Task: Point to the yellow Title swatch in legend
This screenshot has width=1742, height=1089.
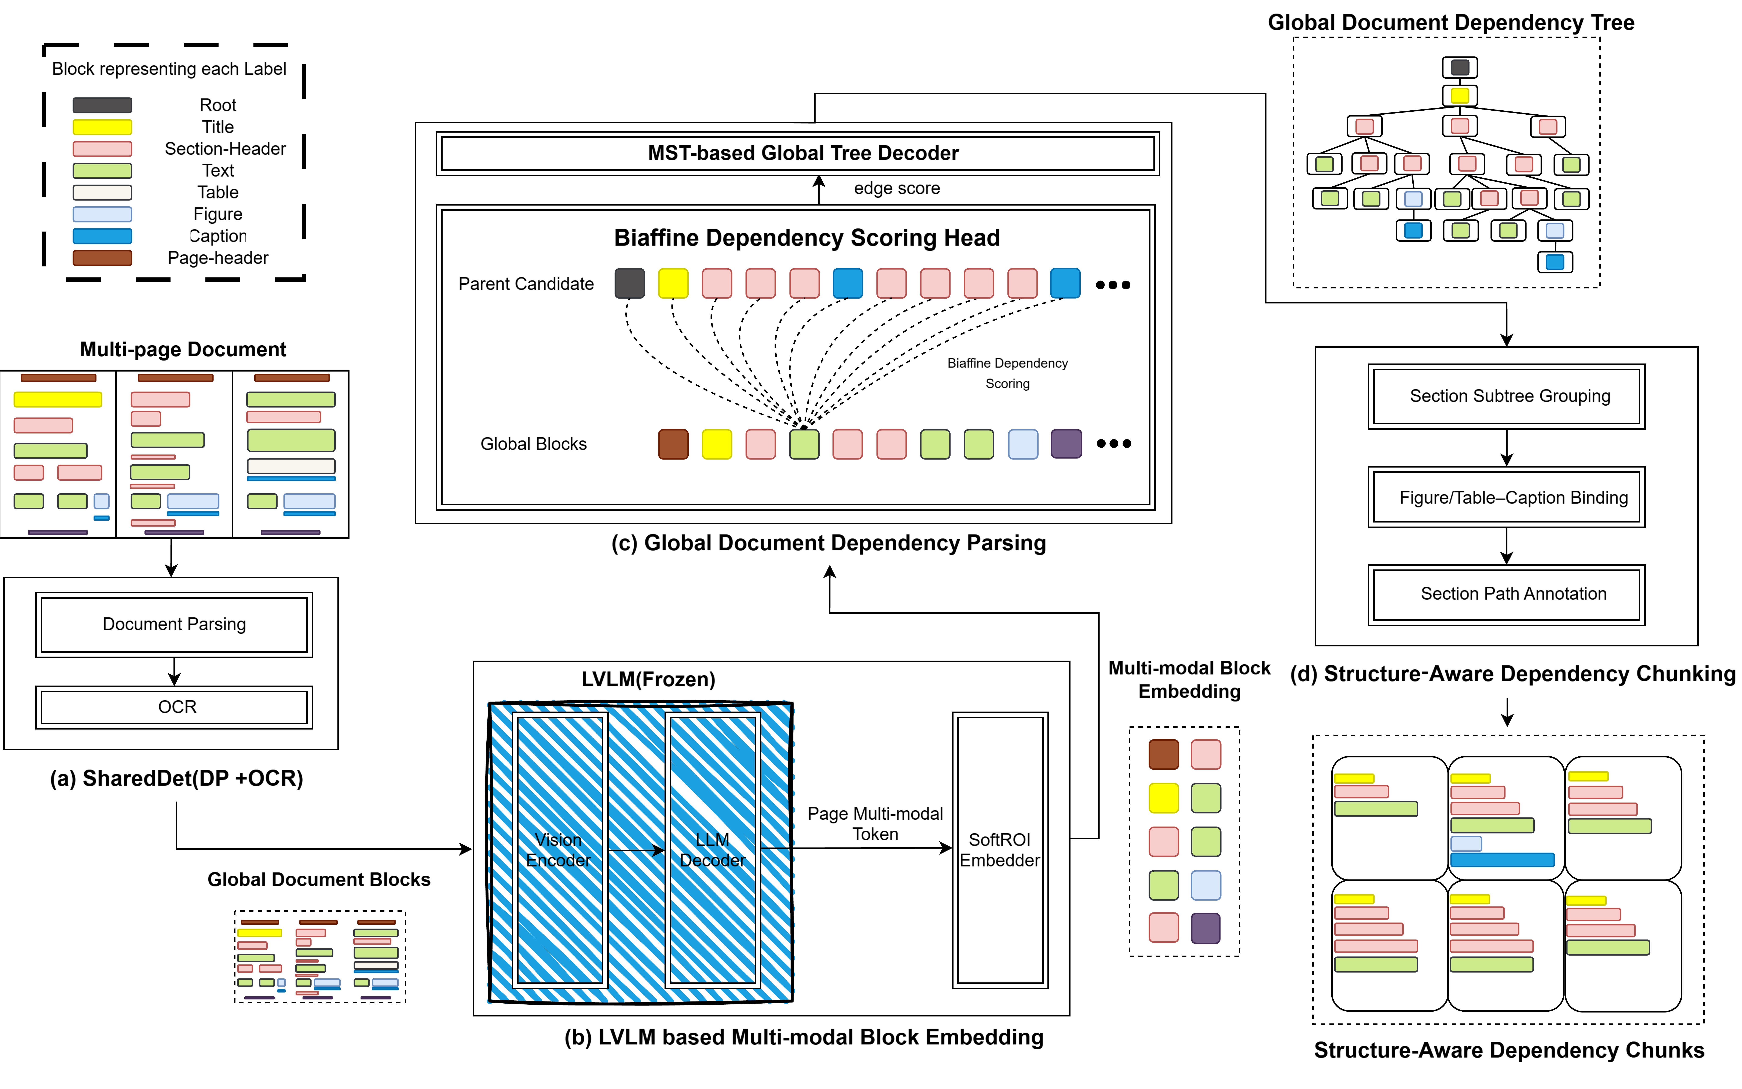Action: point(102,127)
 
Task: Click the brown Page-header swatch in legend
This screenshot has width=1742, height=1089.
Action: point(102,258)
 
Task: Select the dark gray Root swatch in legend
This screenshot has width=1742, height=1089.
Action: point(102,105)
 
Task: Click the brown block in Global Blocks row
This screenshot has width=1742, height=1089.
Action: point(673,444)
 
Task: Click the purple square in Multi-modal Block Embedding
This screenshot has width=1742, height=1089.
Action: point(1205,928)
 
